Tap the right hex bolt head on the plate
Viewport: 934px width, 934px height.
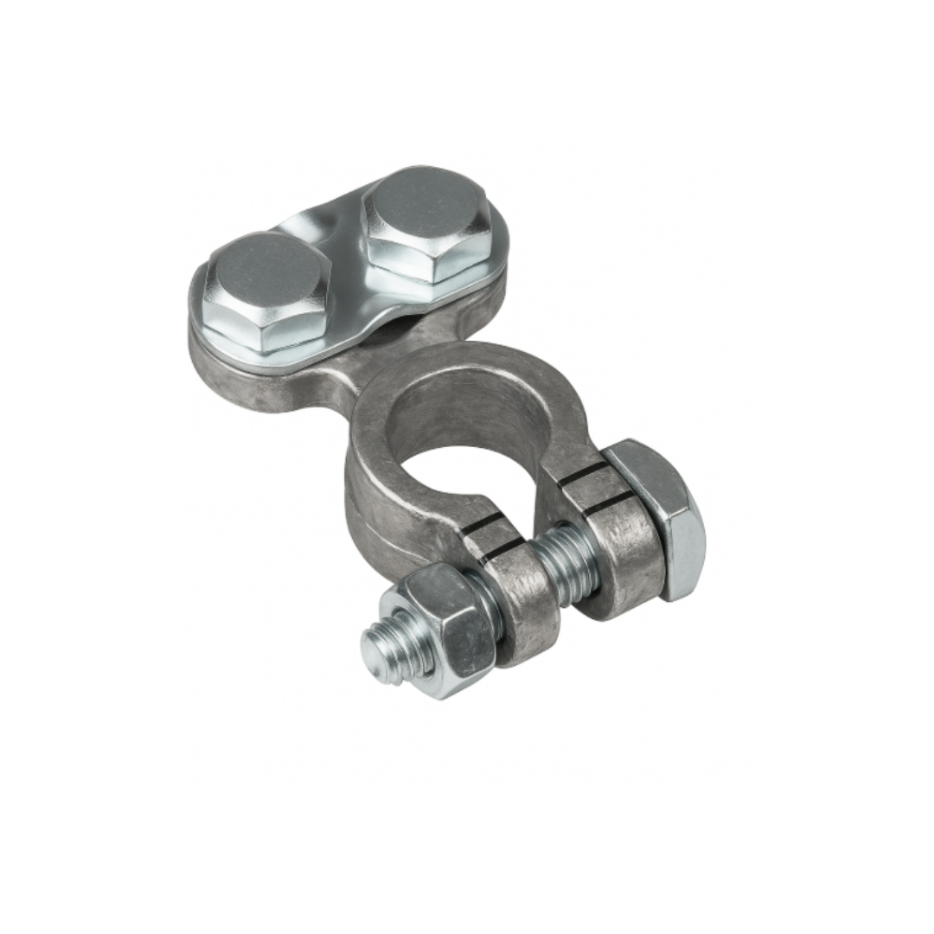426,227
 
